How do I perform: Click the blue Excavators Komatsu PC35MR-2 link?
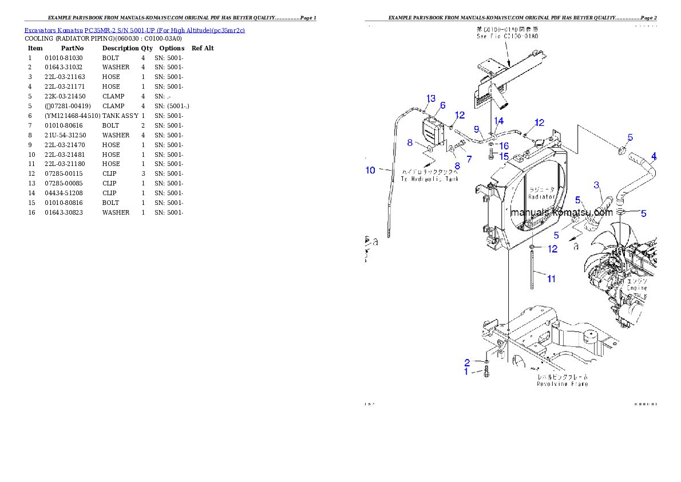(134, 30)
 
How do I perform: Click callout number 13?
(431, 98)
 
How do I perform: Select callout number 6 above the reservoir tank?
(442, 105)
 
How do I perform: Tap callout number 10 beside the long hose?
(370, 170)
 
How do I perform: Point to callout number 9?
(476, 129)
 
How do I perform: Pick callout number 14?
(499, 121)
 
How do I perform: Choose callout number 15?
(504, 156)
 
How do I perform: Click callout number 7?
(469, 158)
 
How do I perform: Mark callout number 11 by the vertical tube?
(551, 279)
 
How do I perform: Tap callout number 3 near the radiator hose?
(596, 185)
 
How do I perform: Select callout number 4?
(654, 156)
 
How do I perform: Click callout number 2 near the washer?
(467, 362)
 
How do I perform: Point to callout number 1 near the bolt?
(466, 372)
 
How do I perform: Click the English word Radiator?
(541, 196)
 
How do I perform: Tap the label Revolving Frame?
(562, 384)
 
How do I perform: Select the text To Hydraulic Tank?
(429, 179)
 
